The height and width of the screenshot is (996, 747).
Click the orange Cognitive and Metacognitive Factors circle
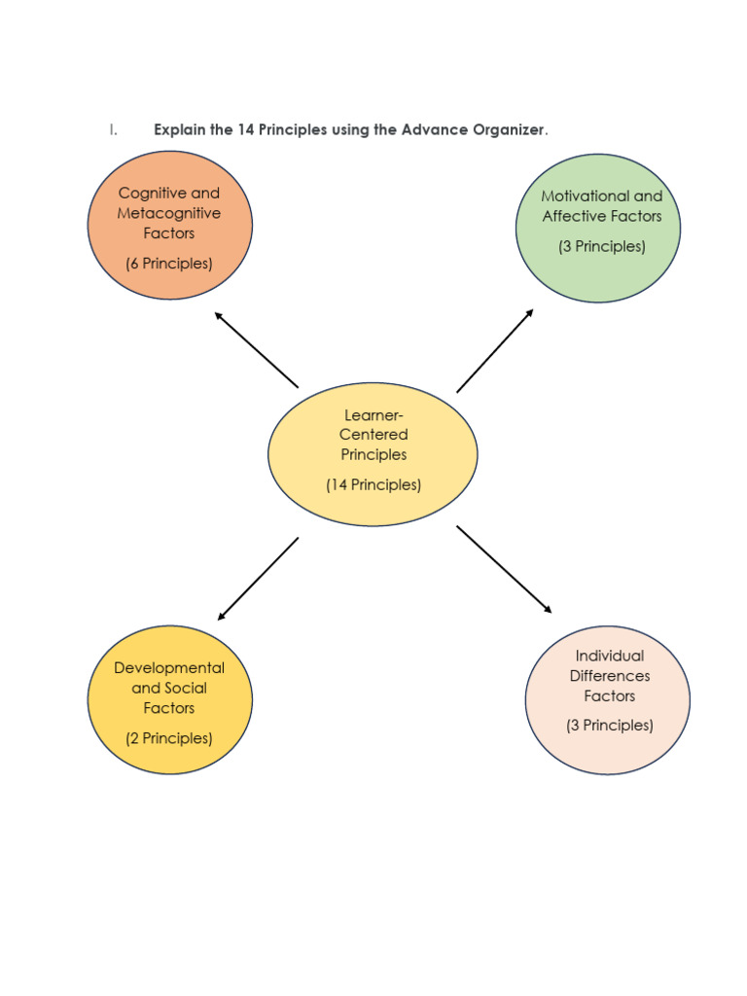pyautogui.click(x=169, y=225)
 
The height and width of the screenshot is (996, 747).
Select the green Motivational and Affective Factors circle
pyautogui.click(x=597, y=228)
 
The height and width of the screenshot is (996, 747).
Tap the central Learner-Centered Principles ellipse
pyautogui.click(x=373, y=453)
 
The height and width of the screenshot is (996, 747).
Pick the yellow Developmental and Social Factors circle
pyautogui.click(x=169, y=699)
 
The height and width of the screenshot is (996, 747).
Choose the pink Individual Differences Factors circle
pyautogui.click(x=608, y=699)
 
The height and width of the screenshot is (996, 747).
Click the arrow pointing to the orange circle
pyautogui.click(x=256, y=349)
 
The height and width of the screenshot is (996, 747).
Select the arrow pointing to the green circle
pyautogui.click(x=495, y=350)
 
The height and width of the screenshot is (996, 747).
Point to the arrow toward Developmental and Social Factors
pyautogui.click(x=258, y=579)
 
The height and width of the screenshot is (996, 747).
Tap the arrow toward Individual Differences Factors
pyautogui.click(x=504, y=570)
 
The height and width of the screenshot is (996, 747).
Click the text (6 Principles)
pyautogui.click(x=169, y=264)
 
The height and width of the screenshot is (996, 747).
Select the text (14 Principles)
pyautogui.click(x=373, y=484)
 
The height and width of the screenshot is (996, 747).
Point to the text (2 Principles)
pyautogui.click(x=169, y=738)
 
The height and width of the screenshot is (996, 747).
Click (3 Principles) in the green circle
pyautogui.click(x=602, y=246)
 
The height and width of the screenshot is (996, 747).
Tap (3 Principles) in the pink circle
pyautogui.click(x=610, y=725)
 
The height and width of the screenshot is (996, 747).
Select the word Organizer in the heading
pyautogui.click(x=510, y=130)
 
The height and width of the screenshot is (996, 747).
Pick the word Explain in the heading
pyautogui.click(x=180, y=130)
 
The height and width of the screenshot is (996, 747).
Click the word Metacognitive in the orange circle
pyautogui.click(x=169, y=213)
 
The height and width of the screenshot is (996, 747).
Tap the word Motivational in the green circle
pyautogui.click(x=582, y=196)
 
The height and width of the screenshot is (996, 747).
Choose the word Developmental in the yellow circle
pyautogui.click(x=169, y=668)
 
